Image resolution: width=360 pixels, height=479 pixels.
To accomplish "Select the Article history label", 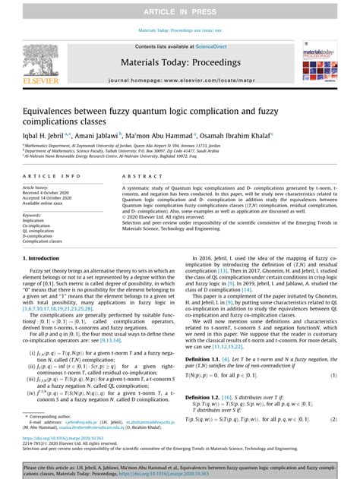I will pyautogui.click(x=36, y=186).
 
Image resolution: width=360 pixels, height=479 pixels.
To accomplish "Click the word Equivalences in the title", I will pyautogui.click(x=49, y=109).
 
